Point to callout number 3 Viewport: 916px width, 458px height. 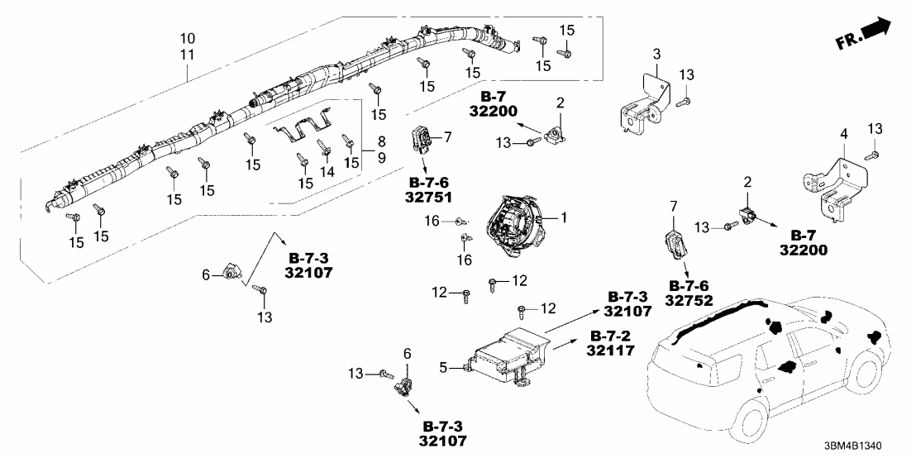[x=656, y=54]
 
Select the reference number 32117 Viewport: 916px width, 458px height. [x=610, y=351]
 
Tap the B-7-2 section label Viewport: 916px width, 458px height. [x=610, y=336]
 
